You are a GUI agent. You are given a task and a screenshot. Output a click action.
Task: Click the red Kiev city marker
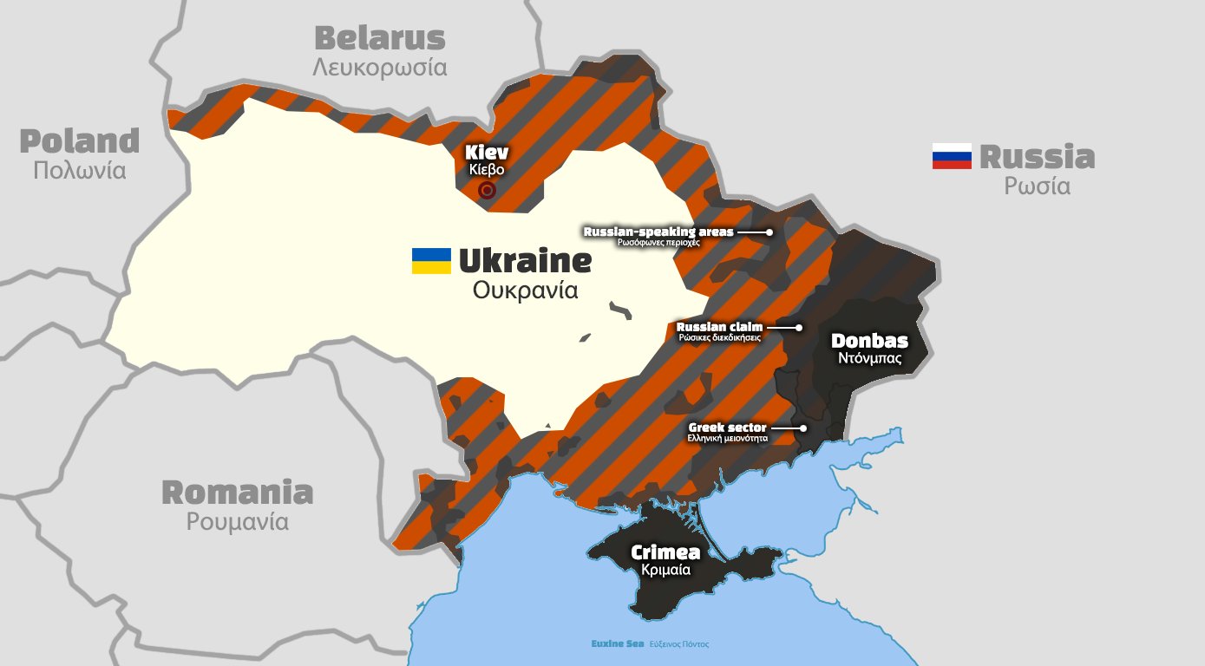487,191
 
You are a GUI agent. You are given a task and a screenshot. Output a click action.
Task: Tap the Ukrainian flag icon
431,260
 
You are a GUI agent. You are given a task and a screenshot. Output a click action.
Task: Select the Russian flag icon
952,156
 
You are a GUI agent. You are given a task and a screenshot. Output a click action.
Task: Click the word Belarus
379,38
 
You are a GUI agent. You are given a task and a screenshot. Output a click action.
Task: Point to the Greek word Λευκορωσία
379,68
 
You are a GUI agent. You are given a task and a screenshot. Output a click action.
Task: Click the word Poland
79,140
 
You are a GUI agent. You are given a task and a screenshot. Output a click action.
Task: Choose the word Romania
237,493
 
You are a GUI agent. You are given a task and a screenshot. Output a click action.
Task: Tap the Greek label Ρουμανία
237,522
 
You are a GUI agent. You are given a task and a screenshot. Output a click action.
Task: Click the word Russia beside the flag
1037,157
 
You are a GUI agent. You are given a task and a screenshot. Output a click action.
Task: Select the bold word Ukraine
524,260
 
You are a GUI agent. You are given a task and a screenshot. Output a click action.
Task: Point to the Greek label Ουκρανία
525,291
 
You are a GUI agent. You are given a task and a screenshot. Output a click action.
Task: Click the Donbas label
869,340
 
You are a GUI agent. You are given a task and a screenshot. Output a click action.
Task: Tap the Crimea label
665,552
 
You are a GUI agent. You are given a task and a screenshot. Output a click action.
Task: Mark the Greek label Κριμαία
665,571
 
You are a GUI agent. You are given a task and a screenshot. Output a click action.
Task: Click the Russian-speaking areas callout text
658,232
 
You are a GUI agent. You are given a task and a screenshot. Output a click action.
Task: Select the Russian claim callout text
719,327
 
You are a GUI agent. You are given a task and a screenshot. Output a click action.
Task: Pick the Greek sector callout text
727,428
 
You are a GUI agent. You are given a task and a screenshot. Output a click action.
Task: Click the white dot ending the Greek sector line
803,428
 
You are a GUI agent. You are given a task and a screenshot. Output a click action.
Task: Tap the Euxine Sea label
617,644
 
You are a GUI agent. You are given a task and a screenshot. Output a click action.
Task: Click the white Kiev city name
487,153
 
